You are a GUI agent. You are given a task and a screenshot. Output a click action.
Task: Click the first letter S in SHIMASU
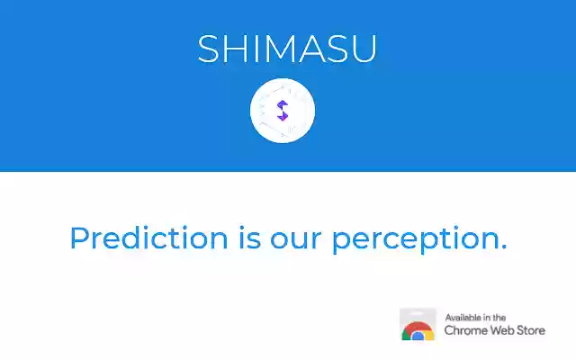click(209, 49)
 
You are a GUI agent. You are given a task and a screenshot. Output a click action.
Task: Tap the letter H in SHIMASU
click(235, 49)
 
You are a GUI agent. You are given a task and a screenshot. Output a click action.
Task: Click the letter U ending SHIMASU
click(363, 49)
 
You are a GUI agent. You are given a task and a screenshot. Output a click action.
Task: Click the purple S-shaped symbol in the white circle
click(282, 111)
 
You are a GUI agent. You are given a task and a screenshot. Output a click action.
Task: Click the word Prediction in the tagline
click(148, 238)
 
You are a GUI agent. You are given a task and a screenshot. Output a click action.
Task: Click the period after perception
click(503, 247)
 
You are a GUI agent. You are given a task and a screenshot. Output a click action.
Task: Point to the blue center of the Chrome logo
click(418, 336)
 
